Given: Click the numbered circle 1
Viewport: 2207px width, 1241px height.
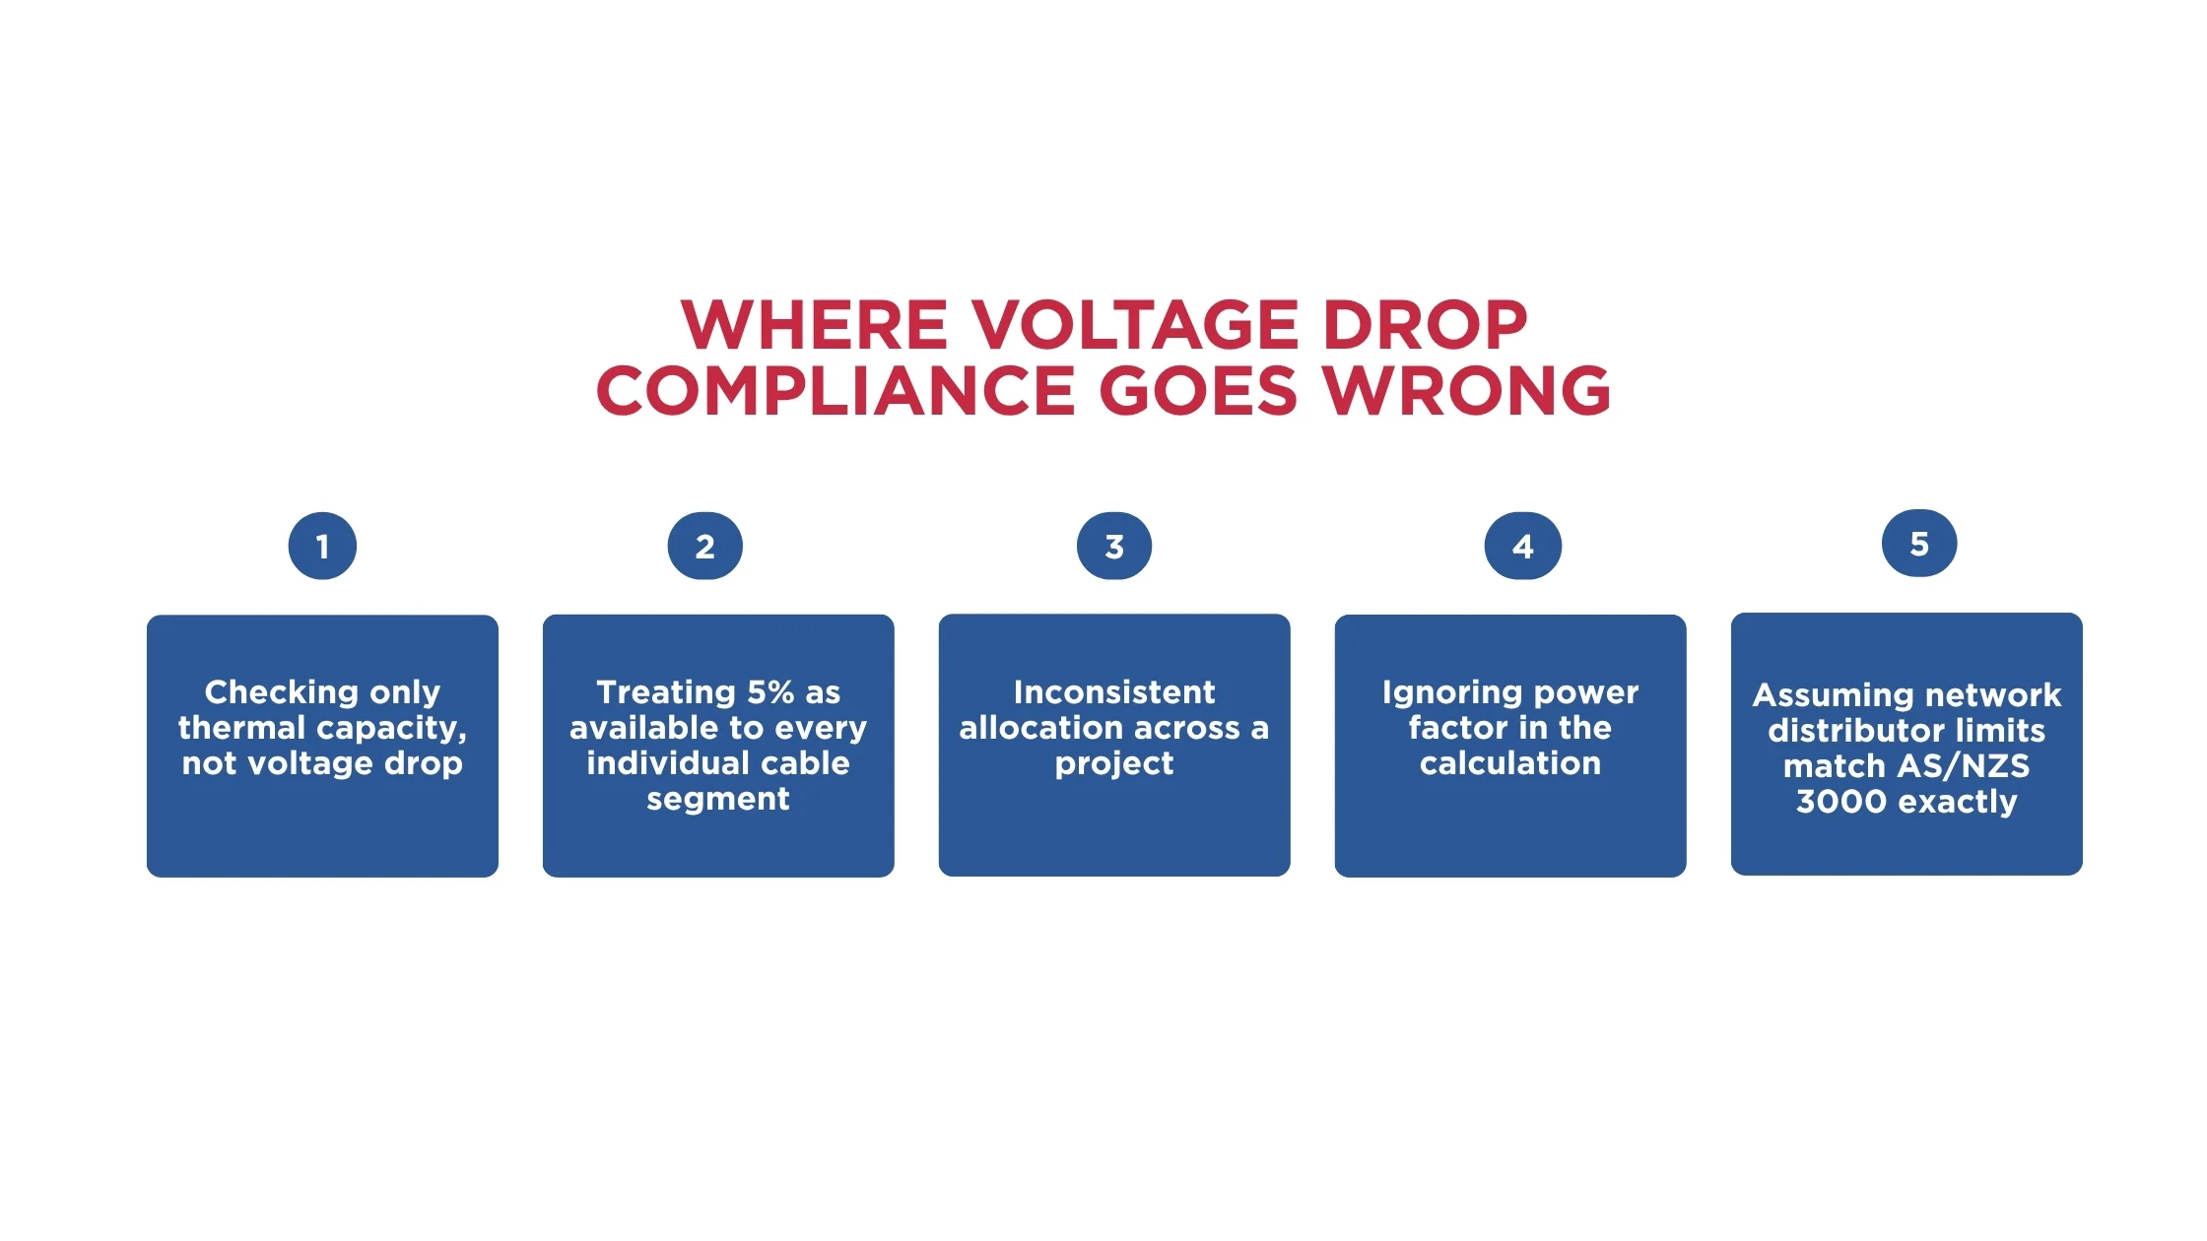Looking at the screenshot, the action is (322, 546).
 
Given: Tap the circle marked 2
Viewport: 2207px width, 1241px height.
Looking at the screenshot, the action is (704, 546).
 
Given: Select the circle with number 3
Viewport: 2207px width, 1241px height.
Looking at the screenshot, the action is (1114, 546).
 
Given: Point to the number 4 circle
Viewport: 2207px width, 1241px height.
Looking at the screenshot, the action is (1523, 546).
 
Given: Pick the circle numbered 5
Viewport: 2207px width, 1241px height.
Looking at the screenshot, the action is (1919, 543).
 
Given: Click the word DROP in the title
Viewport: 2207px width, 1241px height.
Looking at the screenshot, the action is (1425, 325).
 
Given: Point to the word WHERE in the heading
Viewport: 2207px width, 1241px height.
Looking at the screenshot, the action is (814, 325).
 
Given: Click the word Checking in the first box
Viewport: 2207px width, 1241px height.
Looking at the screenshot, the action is (281, 693).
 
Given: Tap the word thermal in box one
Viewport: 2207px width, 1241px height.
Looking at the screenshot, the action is (241, 728).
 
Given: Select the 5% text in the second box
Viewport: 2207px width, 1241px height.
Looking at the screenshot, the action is (770, 692).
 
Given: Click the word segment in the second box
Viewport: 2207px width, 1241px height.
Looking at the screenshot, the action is (718, 800).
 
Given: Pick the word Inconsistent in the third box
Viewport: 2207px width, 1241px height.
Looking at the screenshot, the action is (1114, 692).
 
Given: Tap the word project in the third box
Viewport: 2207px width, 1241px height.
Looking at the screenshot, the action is (1114, 764).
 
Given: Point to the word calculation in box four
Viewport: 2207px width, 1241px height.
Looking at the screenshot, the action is (1510, 763).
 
